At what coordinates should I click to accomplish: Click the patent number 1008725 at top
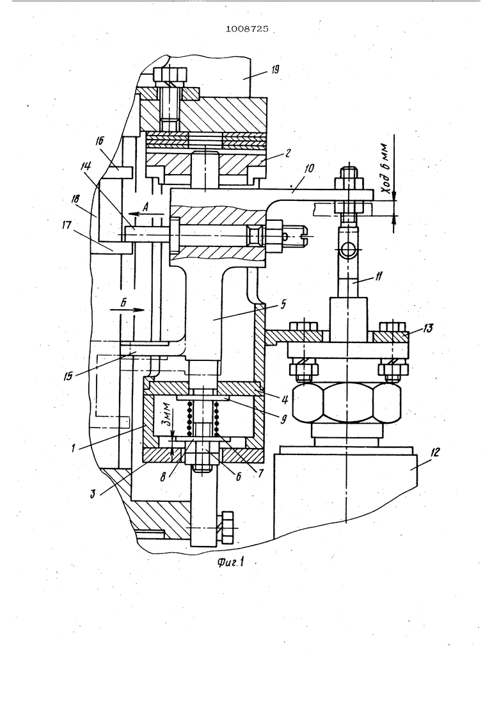pyautogui.click(x=246, y=29)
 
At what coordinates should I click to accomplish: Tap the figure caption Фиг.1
pyautogui.click(x=230, y=562)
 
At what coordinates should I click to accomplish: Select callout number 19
pyautogui.click(x=275, y=69)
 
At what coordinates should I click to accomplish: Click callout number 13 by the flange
pyautogui.click(x=427, y=328)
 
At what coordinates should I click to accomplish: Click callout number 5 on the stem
pyautogui.click(x=283, y=303)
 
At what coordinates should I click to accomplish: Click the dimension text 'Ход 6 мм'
pyautogui.click(x=386, y=166)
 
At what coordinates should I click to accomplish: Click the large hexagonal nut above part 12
pyautogui.click(x=346, y=402)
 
